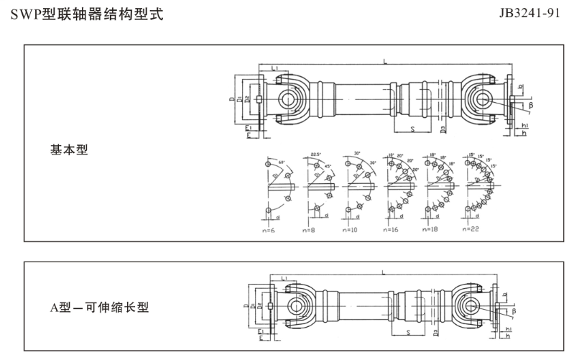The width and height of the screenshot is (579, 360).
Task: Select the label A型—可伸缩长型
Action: click(x=99, y=308)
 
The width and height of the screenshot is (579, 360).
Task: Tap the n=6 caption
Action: click(x=271, y=230)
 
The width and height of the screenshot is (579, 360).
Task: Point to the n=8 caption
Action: click(x=310, y=230)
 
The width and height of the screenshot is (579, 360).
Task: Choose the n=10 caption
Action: click(x=350, y=230)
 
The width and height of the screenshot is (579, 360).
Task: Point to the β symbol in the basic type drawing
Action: click(x=532, y=105)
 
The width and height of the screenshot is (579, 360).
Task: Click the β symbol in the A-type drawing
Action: click(x=514, y=311)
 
